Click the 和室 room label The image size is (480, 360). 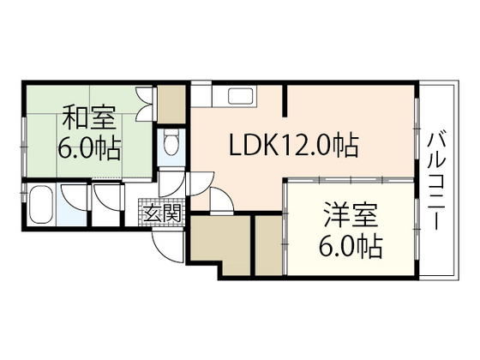[x=89, y=117]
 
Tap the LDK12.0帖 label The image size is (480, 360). [x=293, y=145]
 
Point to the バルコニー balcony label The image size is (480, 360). [x=436, y=181]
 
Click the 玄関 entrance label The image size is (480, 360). [x=162, y=213]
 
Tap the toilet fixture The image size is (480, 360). [x=171, y=142]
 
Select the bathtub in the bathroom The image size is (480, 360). [x=41, y=204]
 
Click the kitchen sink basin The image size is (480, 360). [x=241, y=96]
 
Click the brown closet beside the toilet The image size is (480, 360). [x=171, y=105]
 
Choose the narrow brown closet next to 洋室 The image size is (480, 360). [x=269, y=245]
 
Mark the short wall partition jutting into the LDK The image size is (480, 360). [x=285, y=101]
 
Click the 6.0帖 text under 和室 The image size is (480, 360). [x=89, y=148]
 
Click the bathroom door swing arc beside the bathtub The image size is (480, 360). [x=74, y=198]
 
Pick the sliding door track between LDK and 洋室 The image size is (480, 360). [x=351, y=180]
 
